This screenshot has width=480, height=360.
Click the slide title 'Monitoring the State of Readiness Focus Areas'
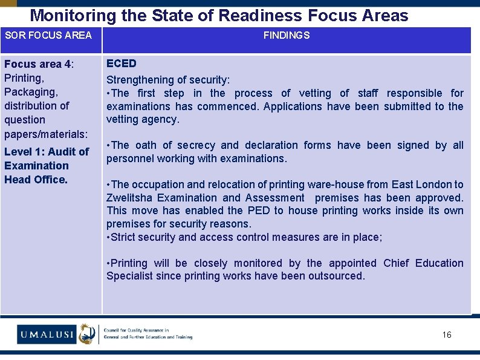tap(219, 15)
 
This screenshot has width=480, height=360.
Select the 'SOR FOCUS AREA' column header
tap(48, 35)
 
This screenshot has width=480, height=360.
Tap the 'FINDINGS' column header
tap(286, 35)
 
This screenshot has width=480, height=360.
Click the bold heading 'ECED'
tap(122, 64)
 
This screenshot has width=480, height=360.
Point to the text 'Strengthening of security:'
tap(168, 80)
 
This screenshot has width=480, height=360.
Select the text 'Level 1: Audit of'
tap(47, 152)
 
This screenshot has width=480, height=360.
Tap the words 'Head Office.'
tap(36, 180)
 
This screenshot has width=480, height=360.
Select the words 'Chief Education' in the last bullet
tap(423, 263)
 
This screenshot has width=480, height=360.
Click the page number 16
tap(447, 335)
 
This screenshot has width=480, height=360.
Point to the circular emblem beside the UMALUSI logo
tap(87, 333)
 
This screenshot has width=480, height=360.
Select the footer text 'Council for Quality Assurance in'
tap(137, 330)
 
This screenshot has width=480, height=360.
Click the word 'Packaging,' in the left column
tap(31, 92)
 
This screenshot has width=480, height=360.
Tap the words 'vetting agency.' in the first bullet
tap(143, 119)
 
